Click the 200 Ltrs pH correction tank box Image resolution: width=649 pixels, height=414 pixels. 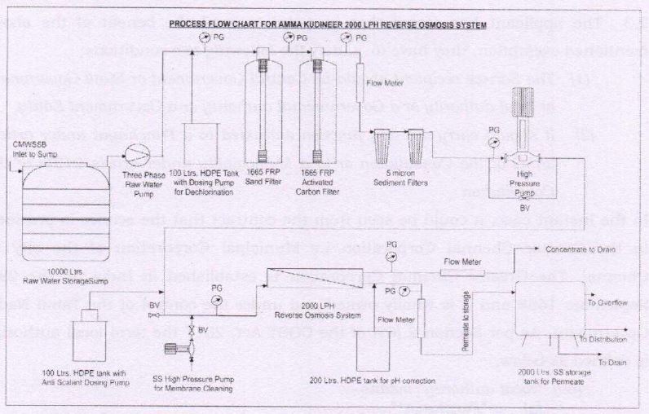tap(381, 346)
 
